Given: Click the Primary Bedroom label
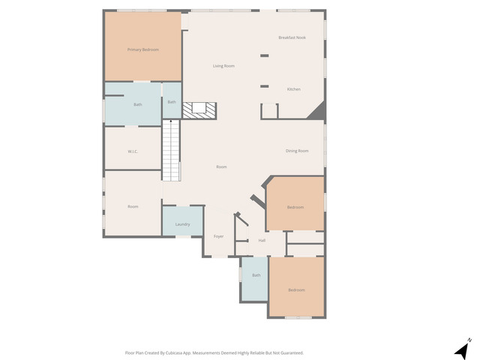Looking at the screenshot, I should click(142, 49).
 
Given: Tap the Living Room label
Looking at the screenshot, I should click(223, 66).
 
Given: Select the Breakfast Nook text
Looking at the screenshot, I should click(292, 37).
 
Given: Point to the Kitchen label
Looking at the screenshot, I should click(294, 89).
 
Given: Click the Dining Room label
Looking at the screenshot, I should click(297, 151).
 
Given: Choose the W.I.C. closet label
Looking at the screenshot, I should click(133, 151).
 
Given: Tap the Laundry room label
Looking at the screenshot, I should click(182, 224).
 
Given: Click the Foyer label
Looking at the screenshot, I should click(219, 236).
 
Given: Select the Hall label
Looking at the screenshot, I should click(262, 241).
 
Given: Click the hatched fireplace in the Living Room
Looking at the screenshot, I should click(199, 110).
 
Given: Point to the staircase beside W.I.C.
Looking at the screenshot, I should click(172, 150).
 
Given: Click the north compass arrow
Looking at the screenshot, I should click(462, 350).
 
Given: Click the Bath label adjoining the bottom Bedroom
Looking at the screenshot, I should click(256, 275).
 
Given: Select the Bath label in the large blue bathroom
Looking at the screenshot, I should click(138, 104).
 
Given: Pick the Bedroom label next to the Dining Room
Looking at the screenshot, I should click(295, 207).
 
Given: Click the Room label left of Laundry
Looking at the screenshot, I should click(133, 206).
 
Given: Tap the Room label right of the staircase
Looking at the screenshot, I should click(221, 166).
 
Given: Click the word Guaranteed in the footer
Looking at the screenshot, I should click(289, 352).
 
